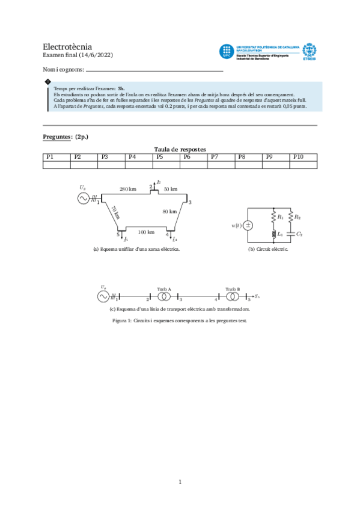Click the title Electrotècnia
67,46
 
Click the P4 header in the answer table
132,157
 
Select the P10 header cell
299,157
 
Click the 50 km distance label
171,189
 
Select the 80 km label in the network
169,211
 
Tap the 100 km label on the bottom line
146,232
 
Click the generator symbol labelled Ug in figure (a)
83,198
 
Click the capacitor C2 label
299,233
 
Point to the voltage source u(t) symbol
248,226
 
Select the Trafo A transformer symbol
165,296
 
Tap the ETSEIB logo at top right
309,52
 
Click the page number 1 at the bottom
180,481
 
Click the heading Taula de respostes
180,149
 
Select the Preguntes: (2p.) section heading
66,137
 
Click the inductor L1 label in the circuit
281,233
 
